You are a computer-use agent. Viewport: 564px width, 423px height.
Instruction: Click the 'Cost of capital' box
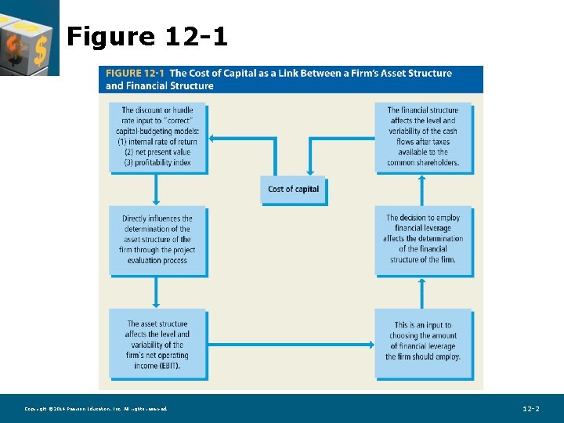(x=293, y=190)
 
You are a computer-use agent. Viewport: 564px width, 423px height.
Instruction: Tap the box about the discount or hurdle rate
(x=157, y=137)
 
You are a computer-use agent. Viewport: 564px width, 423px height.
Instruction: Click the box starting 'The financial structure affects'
(x=423, y=137)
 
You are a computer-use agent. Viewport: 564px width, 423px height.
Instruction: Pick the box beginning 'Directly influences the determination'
(x=157, y=240)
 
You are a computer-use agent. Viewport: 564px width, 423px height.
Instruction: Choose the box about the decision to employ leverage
(x=423, y=240)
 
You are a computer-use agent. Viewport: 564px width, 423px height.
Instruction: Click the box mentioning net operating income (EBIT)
(x=157, y=344)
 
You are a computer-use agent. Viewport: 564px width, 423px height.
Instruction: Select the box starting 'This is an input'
(x=423, y=345)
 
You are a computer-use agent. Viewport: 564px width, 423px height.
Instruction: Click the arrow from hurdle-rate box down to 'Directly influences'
(x=157, y=188)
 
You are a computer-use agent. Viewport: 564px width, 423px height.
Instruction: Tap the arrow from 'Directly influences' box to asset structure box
(x=157, y=291)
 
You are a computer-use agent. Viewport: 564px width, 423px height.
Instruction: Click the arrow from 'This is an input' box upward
(x=423, y=291)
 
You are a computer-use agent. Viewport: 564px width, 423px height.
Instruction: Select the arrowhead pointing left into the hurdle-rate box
(x=214, y=139)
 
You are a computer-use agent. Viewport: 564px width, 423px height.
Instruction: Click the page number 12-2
(x=530, y=409)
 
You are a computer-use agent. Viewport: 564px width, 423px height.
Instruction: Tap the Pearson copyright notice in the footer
(x=96, y=409)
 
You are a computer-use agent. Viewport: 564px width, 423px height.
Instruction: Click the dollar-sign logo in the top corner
(x=29, y=37)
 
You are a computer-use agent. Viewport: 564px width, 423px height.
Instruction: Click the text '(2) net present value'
(x=157, y=152)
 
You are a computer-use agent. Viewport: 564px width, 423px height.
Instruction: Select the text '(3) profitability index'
(x=157, y=162)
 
